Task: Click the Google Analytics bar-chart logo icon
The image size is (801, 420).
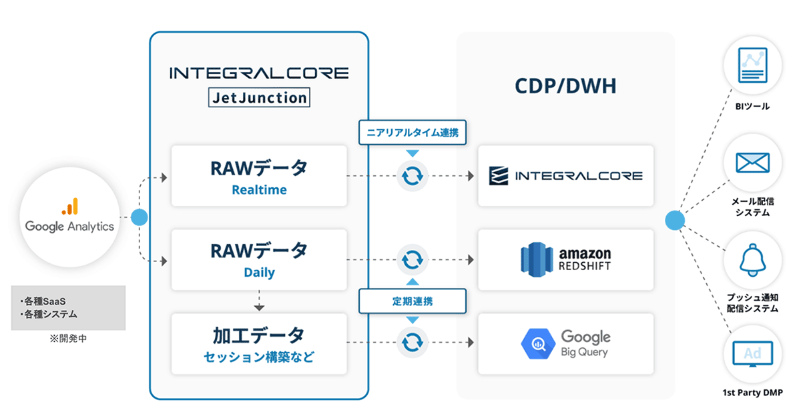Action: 70,206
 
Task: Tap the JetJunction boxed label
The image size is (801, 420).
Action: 259,98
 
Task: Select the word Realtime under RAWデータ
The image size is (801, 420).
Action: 259,190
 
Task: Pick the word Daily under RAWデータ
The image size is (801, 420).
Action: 259,273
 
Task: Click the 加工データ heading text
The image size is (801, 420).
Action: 259,334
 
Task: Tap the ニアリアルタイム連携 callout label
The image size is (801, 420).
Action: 413,132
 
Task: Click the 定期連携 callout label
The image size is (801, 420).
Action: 413,301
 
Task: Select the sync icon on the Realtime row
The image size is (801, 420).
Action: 413,176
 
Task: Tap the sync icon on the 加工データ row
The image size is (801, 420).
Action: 413,343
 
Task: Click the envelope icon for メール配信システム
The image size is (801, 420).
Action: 753,163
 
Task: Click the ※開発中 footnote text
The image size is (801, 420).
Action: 68,339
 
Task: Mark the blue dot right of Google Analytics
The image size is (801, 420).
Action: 139,217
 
